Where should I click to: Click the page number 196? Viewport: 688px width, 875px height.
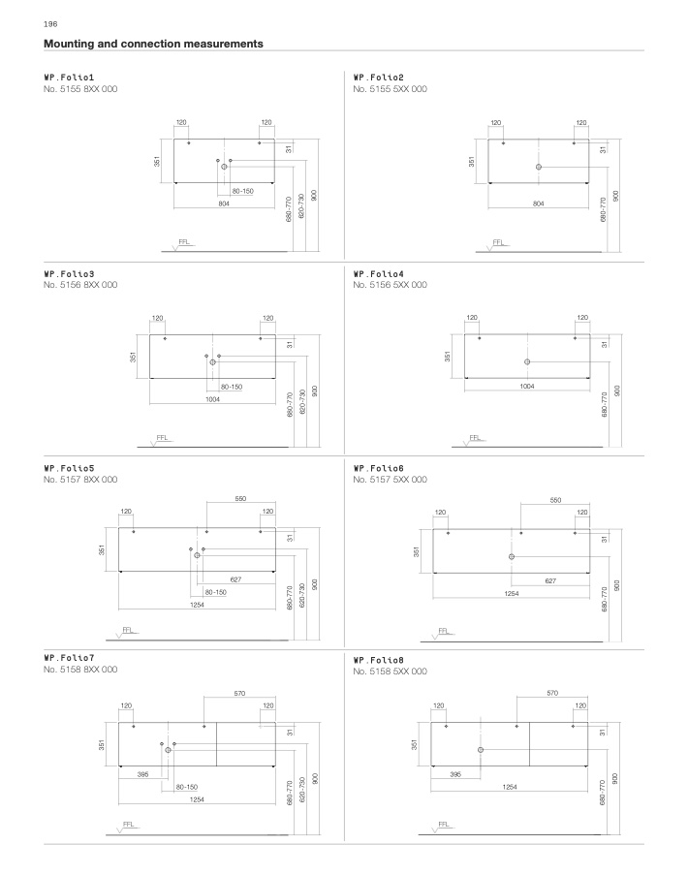(x=50, y=24)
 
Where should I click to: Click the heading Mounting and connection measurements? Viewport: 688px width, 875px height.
(x=153, y=44)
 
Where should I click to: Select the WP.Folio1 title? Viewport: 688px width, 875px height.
(x=69, y=78)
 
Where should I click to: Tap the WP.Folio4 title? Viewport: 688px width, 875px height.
(x=378, y=274)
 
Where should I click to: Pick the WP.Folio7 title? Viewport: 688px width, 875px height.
(x=69, y=658)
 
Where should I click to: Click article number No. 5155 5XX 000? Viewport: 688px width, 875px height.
(x=391, y=89)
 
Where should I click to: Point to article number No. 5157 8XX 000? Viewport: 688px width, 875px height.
(x=80, y=480)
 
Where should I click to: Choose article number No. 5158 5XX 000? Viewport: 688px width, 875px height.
(x=391, y=672)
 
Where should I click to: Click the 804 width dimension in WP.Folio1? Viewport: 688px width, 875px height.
(x=224, y=203)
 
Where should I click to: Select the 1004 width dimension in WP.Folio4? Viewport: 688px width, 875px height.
(x=527, y=387)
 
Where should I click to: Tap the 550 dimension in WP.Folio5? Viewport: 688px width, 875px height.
(x=240, y=499)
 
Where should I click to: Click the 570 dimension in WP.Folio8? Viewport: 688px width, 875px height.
(x=552, y=693)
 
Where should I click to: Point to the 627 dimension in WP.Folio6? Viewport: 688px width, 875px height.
(x=550, y=581)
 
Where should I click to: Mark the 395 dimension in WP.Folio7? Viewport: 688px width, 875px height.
(x=142, y=774)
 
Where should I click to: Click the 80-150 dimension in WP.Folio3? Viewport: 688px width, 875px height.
(x=232, y=387)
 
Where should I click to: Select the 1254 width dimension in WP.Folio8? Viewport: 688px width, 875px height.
(x=510, y=787)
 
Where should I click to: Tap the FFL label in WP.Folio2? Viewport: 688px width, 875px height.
(x=498, y=243)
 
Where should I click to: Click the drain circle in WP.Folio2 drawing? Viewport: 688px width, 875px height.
(x=539, y=167)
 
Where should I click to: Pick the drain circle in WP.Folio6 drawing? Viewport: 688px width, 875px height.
(x=512, y=557)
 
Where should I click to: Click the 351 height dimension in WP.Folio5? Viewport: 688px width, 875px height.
(x=102, y=549)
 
